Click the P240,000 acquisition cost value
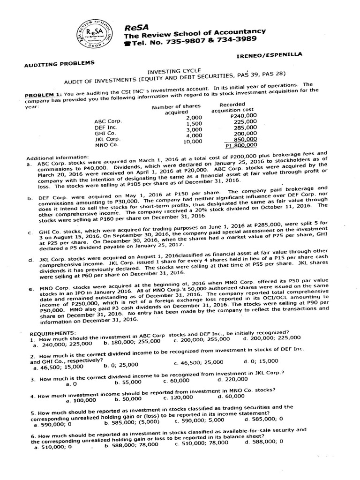coord(244,115)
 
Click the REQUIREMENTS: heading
coord(49,332)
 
